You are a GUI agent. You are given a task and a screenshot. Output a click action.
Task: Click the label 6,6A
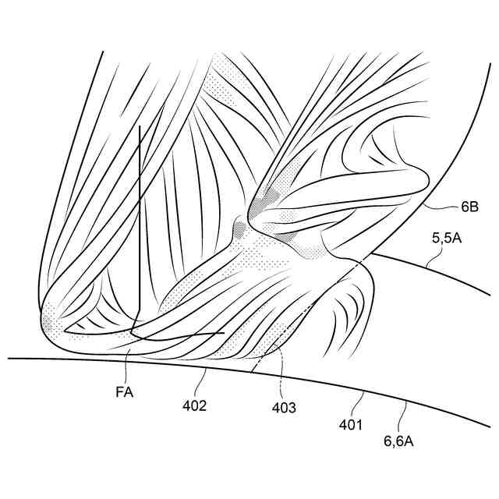coord(398,441)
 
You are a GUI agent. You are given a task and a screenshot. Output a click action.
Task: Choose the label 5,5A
coord(447,239)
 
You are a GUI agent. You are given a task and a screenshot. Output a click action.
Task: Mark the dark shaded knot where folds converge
coord(241,228)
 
